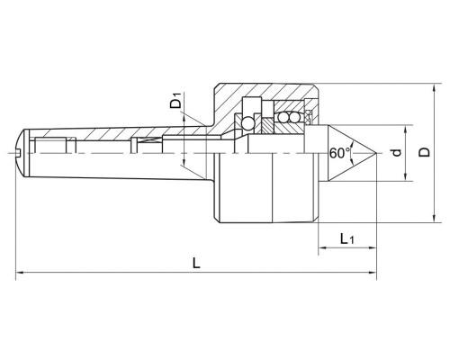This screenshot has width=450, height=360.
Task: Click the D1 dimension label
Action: tap(176, 101)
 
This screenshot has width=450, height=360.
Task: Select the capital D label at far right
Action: tap(424, 152)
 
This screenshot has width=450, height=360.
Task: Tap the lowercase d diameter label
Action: tap(397, 153)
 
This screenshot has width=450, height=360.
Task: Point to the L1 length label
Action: tap(347, 238)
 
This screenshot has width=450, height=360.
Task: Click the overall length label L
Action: tap(196, 263)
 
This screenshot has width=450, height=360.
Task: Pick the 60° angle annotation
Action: tap(339, 153)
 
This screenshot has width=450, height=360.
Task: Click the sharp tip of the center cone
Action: tap(376, 154)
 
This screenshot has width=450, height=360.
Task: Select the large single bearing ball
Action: tap(248, 123)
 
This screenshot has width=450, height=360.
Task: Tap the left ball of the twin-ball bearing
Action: tap(283, 118)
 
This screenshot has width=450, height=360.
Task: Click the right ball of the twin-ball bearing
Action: tap(292, 118)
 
